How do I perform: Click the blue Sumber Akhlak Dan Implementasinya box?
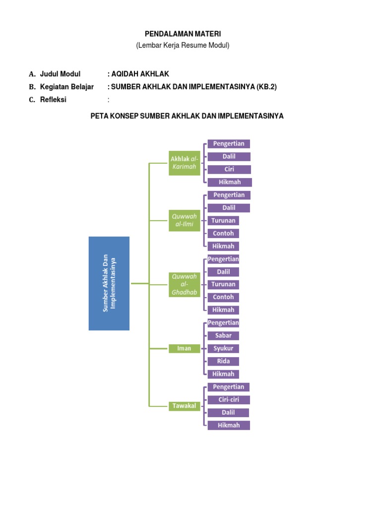coord(109,283)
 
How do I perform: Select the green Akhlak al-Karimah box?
coord(184,163)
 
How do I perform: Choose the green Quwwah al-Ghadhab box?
coord(184,284)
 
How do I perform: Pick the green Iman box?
coord(184,348)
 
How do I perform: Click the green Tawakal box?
coord(184,406)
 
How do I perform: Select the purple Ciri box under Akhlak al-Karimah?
coord(229,169)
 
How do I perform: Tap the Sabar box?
coord(223,335)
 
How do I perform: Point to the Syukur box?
coord(223,348)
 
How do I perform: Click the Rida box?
coord(223,361)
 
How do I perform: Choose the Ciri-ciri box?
coord(228,400)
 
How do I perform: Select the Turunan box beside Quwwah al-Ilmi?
coord(223,220)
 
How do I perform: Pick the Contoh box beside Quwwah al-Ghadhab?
coord(223,297)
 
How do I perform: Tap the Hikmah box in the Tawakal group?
coord(228,425)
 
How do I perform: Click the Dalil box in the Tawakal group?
coord(228,413)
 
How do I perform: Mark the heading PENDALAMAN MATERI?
coord(183,34)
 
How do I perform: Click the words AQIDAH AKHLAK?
coord(140,74)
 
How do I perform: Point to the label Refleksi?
coord(53,100)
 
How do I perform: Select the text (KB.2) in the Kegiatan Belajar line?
coord(266,87)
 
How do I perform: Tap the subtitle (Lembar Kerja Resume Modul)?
coord(183,46)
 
